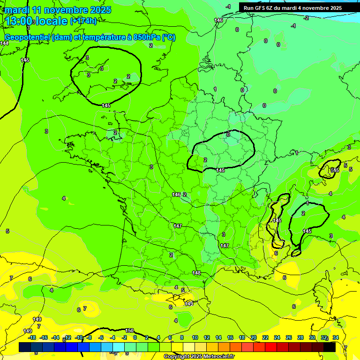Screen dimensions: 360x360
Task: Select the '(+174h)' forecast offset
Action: click(x=83, y=21)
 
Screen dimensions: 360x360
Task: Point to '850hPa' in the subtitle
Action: click(x=145, y=37)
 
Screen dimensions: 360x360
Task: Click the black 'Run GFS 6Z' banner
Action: click(x=292, y=8)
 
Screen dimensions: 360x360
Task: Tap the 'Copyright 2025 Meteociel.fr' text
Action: click(x=199, y=357)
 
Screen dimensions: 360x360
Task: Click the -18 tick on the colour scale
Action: click(x=32, y=337)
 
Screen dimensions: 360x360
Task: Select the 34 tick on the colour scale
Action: click(x=336, y=337)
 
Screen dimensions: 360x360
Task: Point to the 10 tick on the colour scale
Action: click(x=195, y=337)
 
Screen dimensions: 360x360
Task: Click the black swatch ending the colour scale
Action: click(x=330, y=347)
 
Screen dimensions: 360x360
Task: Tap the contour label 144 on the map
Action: click(x=4, y=43)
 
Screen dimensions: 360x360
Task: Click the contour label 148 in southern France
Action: click(x=196, y=273)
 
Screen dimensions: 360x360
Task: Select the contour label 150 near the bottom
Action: click(x=129, y=331)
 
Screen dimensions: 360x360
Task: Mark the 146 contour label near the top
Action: click(x=218, y=20)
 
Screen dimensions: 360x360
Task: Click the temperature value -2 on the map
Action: click(x=307, y=18)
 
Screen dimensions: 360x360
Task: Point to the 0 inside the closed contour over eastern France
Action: click(x=228, y=135)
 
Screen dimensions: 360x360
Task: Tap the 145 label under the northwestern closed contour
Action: click(x=106, y=105)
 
